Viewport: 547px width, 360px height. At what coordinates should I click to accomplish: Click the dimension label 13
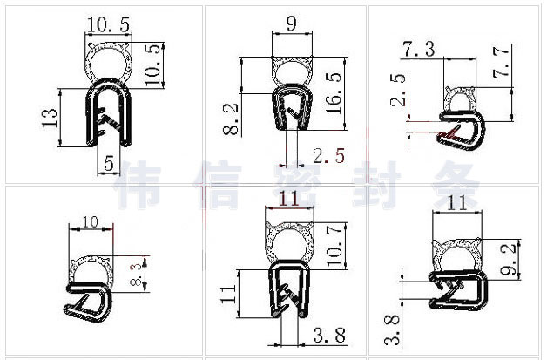pyautogui.click(x=49, y=118)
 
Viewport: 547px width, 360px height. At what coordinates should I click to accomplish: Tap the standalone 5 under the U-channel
pyautogui.click(x=109, y=163)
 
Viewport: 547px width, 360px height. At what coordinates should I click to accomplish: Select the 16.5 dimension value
pyautogui.click(x=334, y=93)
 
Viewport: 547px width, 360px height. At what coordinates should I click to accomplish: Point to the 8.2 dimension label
pyautogui.click(x=231, y=119)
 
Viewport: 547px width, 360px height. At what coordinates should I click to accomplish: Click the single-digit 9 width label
pyautogui.click(x=291, y=24)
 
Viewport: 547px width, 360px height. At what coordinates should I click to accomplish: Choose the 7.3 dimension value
pyautogui.click(x=419, y=49)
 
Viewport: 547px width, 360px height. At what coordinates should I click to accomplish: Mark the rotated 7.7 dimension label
pyautogui.click(x=501, y=63)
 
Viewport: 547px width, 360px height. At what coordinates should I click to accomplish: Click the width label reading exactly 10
pyautogui.click(x=91, y=221)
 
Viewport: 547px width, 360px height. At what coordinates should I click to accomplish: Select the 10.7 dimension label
pyautogui.click(x=335, y=246)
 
